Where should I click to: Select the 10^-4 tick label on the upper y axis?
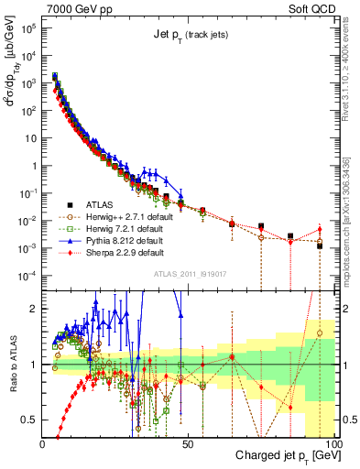(28, 276)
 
